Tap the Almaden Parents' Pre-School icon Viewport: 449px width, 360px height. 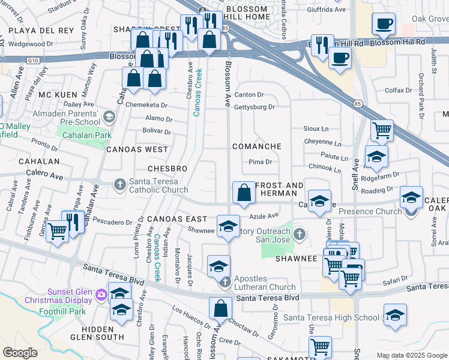pos(109,116)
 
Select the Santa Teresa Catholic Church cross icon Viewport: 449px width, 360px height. pos(119,184)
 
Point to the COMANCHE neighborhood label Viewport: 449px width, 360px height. pos(257,146)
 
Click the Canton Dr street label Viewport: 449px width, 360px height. pos(249,95)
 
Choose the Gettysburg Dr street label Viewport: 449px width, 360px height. pos(255,107)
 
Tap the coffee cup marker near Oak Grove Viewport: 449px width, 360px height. pos(383,25)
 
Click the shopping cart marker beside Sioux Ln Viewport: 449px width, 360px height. pos(382,130)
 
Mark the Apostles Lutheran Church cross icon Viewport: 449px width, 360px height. pos(224,281)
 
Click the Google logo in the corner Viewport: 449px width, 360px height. pos(20,353)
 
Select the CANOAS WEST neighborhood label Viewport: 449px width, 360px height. pos(137,149)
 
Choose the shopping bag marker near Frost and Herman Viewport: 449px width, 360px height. pos(243,193)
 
